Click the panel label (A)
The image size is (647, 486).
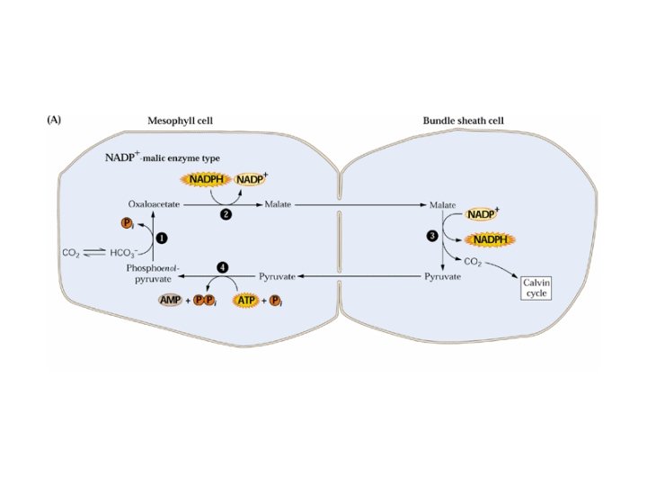(x=54, y=120)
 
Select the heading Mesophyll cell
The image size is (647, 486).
(x=181, y=121)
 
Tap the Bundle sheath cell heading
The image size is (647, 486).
(x=463, y=121)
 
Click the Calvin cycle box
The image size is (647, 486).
(x=536, y=288)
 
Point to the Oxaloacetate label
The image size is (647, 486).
(x=154, y=204)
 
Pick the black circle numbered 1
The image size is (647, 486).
(x=162, y=238)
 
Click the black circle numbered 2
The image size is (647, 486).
(x=226, y=214)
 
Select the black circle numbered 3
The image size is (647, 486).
(x=432, y=236)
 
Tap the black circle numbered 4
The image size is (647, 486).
(x=223, y=267)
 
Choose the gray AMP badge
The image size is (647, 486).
(x=171, y=300)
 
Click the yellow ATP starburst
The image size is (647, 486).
(x=246, y=301)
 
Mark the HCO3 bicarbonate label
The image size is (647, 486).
(x=124, y=253)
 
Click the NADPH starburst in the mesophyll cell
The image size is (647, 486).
(x=207, y=179)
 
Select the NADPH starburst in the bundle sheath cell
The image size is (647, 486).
(x=491, y=239)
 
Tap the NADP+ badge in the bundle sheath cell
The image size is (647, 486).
(x=483, y=214)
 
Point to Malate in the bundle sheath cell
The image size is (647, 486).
(x=442, y=205)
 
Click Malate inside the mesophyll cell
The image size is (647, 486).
(x=278, y=204)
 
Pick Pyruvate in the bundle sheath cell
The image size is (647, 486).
(x=442, y=276)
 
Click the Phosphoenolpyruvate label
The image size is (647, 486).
(x=153, y=274)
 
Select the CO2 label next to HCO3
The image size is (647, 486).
(x=71, y=253)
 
